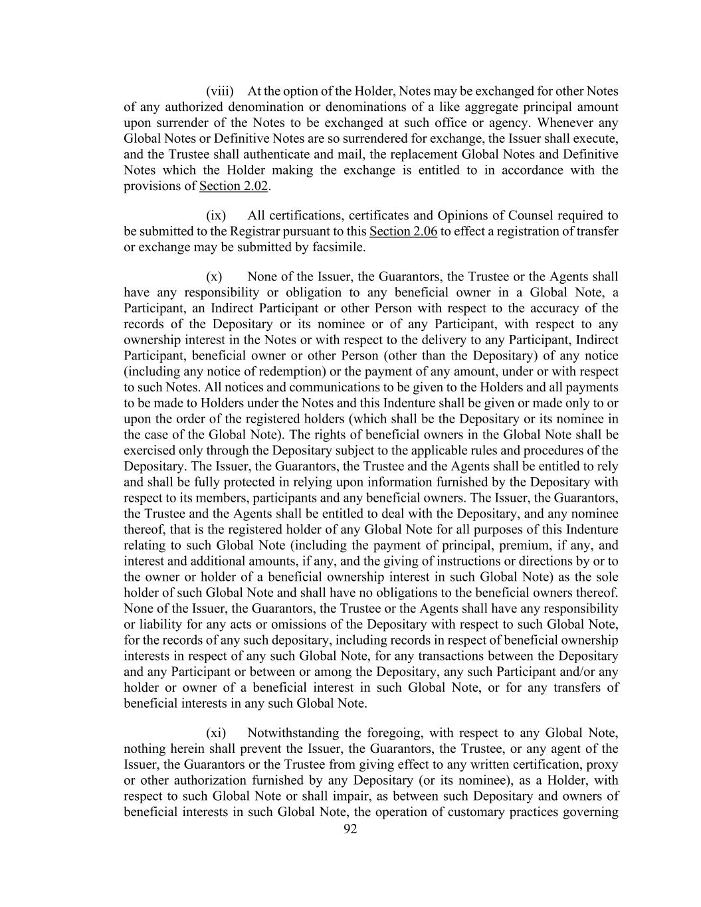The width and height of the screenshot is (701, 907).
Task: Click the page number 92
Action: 350,829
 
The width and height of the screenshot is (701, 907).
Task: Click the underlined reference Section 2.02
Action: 233,186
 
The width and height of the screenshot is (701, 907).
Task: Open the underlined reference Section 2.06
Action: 403,231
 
